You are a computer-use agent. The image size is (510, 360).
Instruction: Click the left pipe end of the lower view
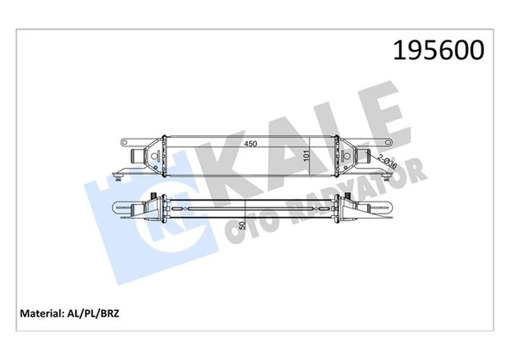[x=121, y=208]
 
